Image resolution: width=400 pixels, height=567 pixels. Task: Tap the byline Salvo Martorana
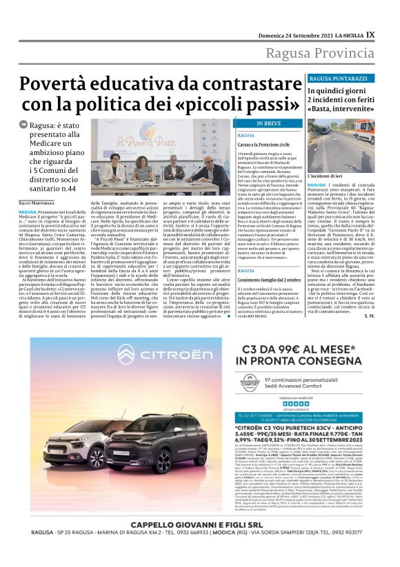(37, 202)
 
